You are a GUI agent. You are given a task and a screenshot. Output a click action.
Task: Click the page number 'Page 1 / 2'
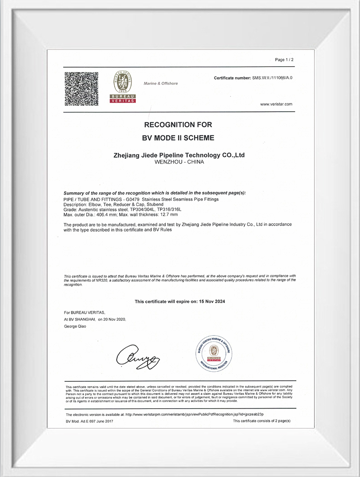tap(284, 59)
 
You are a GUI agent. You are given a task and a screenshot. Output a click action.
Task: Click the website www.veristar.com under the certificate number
tap(276, 104)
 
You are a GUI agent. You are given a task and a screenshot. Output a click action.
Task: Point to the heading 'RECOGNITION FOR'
tap(178, 125)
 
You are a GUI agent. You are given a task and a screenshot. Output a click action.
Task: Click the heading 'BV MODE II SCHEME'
tap(178, 138)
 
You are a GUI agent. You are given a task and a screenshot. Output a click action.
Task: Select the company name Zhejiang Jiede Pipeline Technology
tap(178, 155)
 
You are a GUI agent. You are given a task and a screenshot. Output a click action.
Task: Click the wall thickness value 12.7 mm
tap(169, 214)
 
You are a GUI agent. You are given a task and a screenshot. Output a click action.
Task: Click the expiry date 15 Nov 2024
tap(213, 301)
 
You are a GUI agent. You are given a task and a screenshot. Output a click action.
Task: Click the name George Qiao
tap(75, 326)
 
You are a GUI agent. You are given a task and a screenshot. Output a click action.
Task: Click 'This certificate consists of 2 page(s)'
tap(261, 421)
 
